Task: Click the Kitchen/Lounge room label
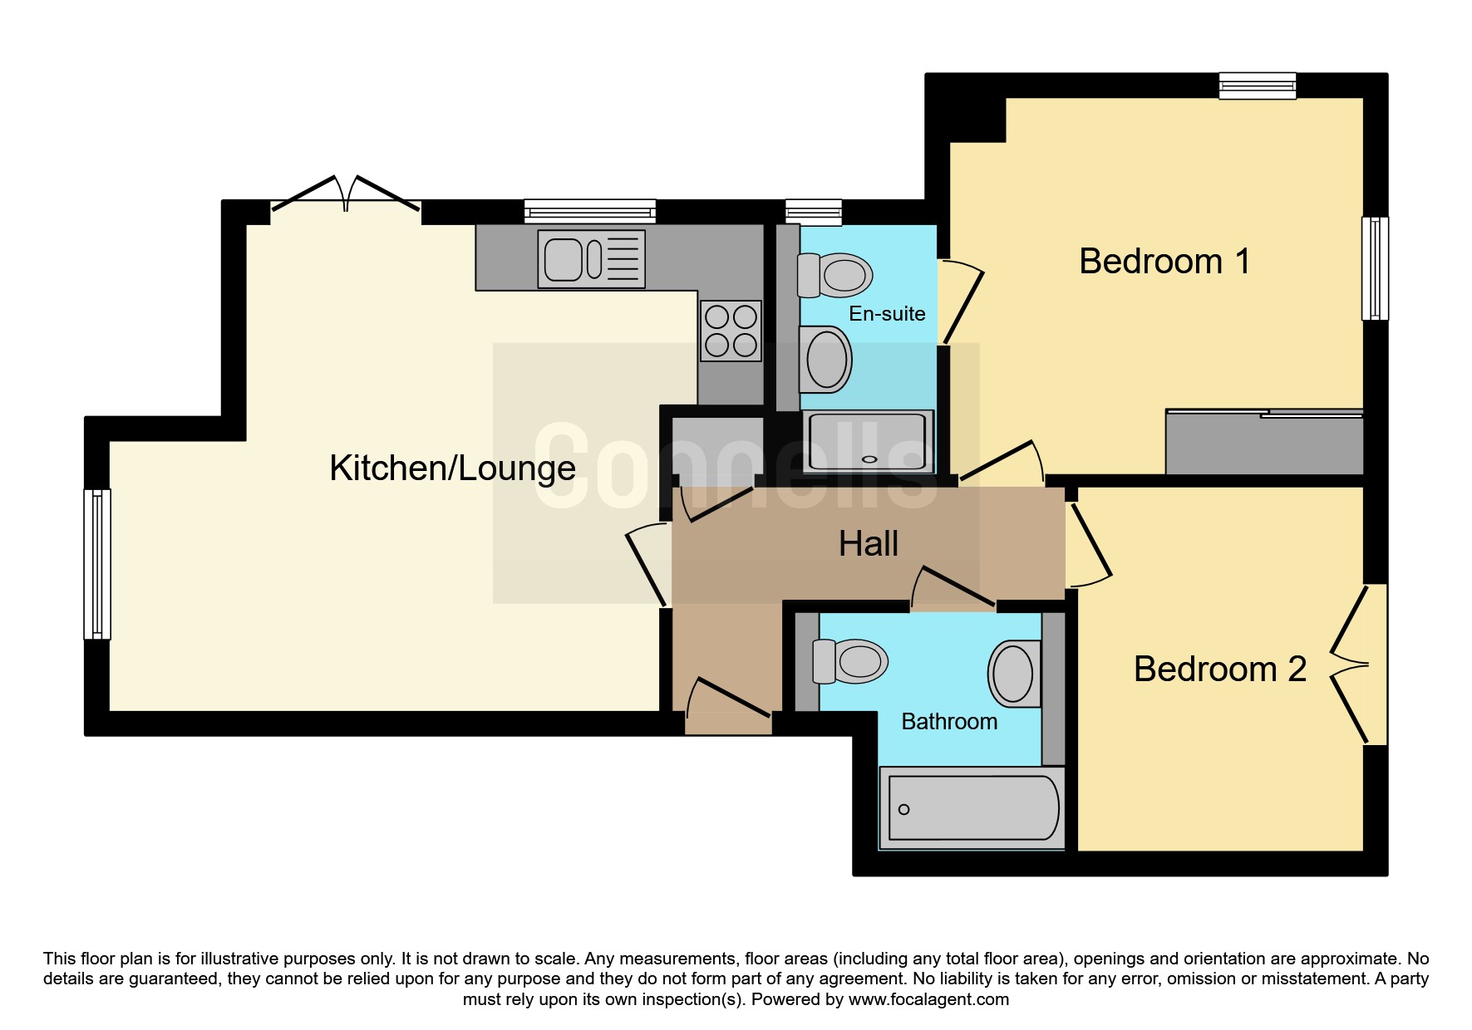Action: (452, 468)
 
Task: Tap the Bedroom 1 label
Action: (1164, 262)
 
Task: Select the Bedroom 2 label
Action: (1219, 669)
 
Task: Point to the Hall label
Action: (869, 544)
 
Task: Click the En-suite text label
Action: (887, 314)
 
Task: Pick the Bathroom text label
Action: (949, 722)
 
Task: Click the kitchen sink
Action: (591, 259)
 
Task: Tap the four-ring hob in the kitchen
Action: (731, 331)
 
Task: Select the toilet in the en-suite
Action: (834, 275)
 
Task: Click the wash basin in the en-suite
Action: (825, 360)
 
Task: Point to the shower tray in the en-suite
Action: (867, 441)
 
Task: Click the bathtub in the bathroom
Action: (972, 808)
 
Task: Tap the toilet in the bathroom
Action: (850, 661)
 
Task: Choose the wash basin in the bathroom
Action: (1014, 674)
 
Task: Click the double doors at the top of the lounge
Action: (346, 193)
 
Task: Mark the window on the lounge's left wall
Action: (97, 564)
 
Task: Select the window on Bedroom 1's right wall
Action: (1375, 268)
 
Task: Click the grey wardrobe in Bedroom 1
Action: (1264, 442)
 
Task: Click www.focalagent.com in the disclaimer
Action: (928, 999)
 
